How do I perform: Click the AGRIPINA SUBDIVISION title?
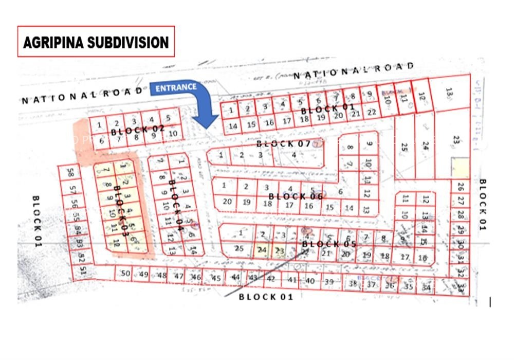pos(96,42)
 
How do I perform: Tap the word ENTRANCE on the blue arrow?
pos(176,87)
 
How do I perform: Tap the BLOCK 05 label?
pos(329,243)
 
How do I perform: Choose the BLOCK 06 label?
pos(296,196)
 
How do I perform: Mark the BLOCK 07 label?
pos(284,143)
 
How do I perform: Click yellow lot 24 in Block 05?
pos(262,250)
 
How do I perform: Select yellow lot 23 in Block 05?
pos(279,250)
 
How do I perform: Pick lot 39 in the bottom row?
pos(329,281)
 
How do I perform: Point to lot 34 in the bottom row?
pos(426,287)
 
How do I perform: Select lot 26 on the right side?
pos(461,187)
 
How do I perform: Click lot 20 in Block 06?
pos(227,202)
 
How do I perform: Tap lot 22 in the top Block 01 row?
pos(372,112)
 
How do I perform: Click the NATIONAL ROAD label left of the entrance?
pos(82,95)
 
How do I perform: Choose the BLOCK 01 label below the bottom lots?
pos(266,296)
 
